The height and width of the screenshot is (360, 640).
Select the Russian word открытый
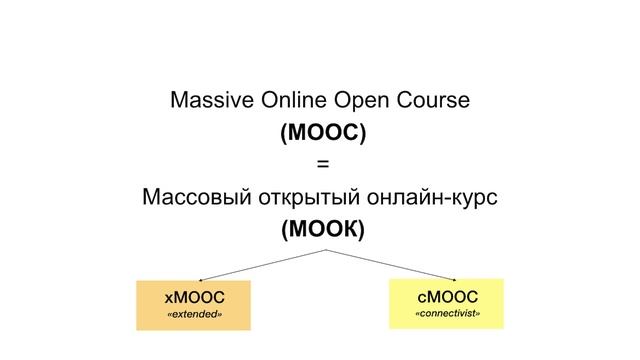pyautogui.click(x=312, y=197)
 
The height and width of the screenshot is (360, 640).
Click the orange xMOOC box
pyautogui.click(x=194, y=306)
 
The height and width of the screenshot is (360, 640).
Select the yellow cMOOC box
pyautogui.click(x=446, y=304)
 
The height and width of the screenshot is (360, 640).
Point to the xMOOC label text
pyautogui.click(x=194, y=297)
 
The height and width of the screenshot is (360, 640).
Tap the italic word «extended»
pyautogui.click(x=194, y=316)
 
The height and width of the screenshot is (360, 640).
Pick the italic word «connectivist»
pyautogui.click(x=447, y=315)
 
